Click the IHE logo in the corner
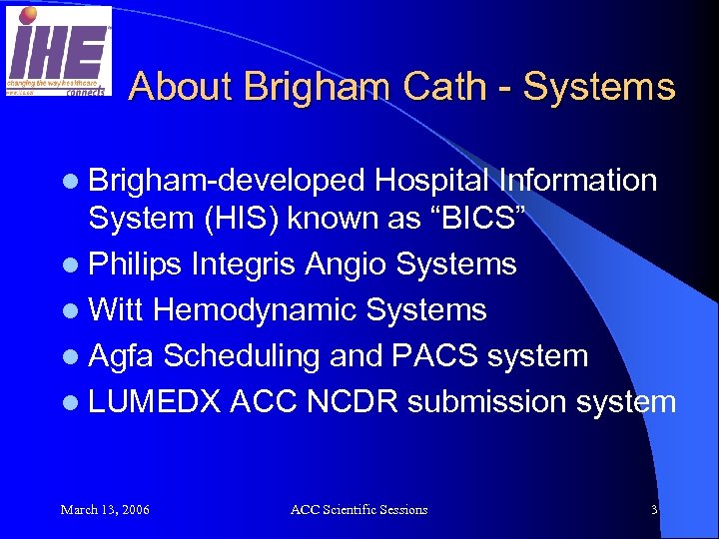[x=59, y=51]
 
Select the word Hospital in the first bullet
[x=434, y=180]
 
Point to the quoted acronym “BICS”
[x=490, y=218]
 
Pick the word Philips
[x=136, y=265]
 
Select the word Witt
[x=117, y=310]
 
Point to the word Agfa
[x=122, y=356]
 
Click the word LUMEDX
[x=155, y=402]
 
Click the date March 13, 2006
[x=105, y=510]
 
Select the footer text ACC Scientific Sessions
[x=359, y=510]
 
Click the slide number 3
[x=654, y=510]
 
